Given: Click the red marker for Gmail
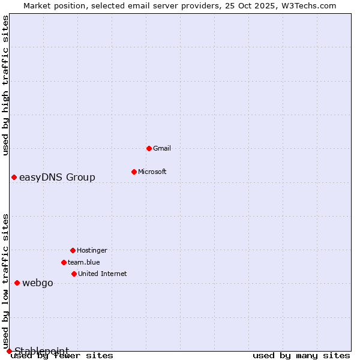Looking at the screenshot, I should (x=149, y=148).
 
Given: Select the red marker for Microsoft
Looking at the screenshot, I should (x=134, y=172).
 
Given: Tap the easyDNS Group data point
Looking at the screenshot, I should (x=14, y=177).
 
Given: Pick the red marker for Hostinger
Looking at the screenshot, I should (x=73, y=250).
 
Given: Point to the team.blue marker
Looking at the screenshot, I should (x=64, y=262).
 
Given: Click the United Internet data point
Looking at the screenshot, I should (x=74, y=274).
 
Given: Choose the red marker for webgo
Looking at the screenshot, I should (x=17, y=283).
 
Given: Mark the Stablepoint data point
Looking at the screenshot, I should (x=9, y=351).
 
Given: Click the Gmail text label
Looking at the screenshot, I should (x=162, y=148).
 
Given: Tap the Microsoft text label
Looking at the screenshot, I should (x=152, y=172).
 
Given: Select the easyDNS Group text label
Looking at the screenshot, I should (x=57, y=177).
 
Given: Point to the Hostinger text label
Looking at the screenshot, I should (x=92, y=250).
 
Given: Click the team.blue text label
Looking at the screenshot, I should (x=84, y=262).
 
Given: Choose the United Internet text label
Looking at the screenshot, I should (x=103, y=274).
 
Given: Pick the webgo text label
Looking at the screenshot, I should (x=38, y=283).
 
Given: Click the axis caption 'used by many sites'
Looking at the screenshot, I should (x=301, y=355).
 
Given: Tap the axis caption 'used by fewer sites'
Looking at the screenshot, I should (x=62, y=355).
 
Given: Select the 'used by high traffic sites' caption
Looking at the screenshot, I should (x=5, y=85).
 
